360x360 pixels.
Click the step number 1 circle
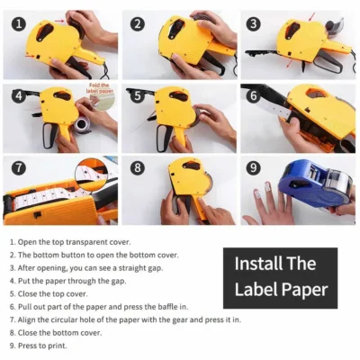(x=19, y=24)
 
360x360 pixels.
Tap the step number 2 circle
(x=138, y=24)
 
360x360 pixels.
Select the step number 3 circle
(x=254, y=23)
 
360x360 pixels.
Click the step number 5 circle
(x=138, y=96)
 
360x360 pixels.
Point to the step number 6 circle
(x=254, y=95)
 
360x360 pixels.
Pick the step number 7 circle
(x=19, y=167)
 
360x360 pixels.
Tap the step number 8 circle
(x=138, y=167)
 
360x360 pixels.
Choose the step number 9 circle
(x=254, y=167)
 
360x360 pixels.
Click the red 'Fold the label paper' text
(x=100, y=88)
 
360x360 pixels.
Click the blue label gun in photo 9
(x=315, y=184)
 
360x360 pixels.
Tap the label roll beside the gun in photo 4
(x=82, y=126)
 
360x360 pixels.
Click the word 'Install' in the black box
(x=254, y=264)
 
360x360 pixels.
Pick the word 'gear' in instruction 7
(x=180, y=319)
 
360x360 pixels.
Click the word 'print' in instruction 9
(x=57, y=346)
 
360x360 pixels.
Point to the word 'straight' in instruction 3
(x=131, y=268)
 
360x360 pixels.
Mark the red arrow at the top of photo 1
(x=60, y=21)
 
